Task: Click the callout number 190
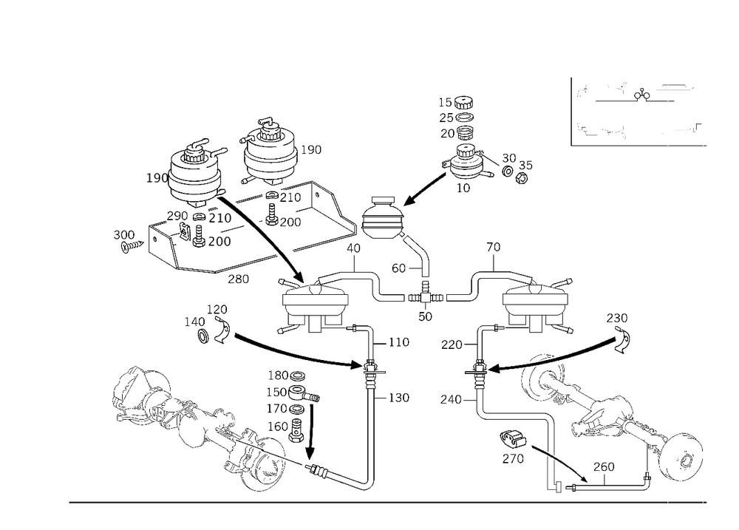(x=157, y=178)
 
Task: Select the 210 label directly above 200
(x=220, y=219)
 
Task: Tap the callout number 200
(x=220, y=242)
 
